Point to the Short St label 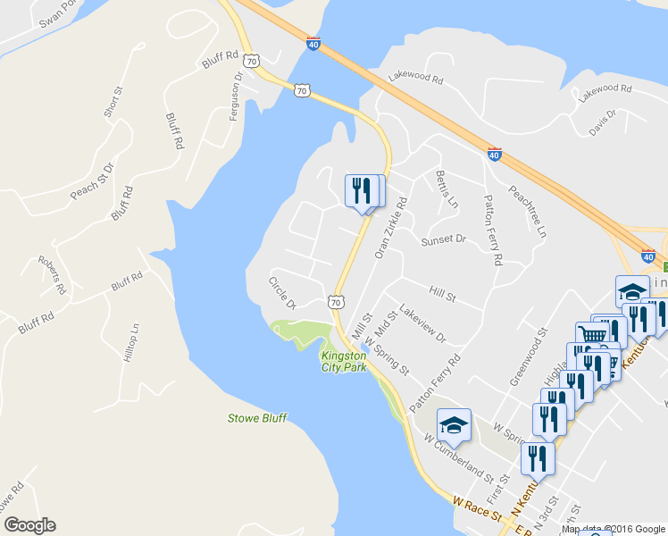pos(113,102)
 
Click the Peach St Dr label pos(93,182)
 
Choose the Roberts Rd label pos(52,275)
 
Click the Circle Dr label pos(282,294)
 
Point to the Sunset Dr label pos(444,239)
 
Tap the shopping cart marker pos(591,337)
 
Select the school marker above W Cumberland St pos(454,425)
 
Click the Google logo pos(30,525)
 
